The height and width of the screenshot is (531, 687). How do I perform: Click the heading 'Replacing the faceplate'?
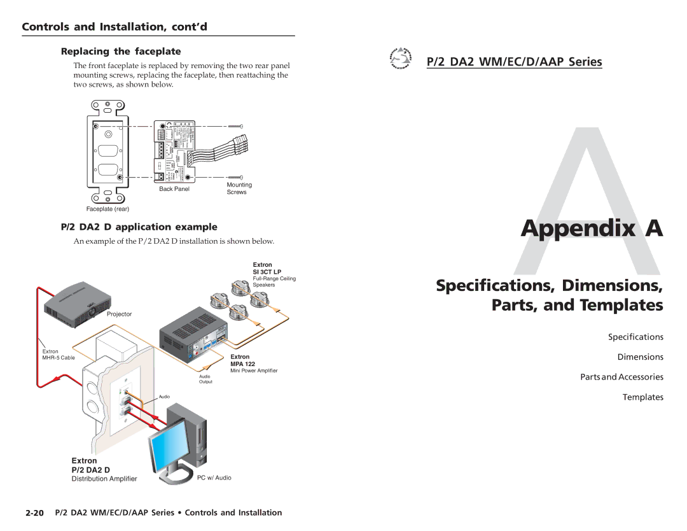[121, 52]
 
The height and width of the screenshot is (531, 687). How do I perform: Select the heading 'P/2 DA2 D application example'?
[139, 227]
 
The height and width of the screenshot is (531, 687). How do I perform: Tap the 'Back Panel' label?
[174, 189]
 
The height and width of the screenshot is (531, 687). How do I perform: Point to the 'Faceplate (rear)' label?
[108, 209]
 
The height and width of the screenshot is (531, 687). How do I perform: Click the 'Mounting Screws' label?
[239, 188]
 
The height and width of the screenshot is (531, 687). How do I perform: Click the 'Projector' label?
[119, 314]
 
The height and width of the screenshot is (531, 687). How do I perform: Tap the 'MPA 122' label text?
[242, 364]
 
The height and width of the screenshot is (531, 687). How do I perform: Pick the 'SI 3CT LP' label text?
[267, 272]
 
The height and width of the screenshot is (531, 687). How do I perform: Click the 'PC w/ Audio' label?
[214, 478]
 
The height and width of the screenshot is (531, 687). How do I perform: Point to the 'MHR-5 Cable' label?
[59, 358]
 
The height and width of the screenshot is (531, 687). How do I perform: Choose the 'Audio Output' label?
[205, 379]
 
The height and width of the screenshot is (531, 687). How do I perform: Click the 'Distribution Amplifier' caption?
[104, 479]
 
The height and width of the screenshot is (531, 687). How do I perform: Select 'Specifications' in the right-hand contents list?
[635, 337]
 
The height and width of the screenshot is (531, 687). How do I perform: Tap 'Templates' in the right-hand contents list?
[642, 397]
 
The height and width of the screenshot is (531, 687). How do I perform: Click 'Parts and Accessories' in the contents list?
[621, 377]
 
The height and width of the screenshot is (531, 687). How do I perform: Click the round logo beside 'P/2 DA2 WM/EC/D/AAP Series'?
[400, 59]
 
